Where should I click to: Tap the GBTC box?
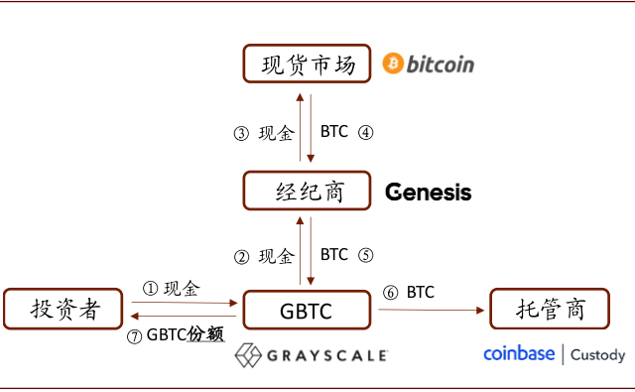[x=309, y=311]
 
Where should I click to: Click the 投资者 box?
[x=65, y=310]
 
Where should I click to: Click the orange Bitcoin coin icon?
[x=393, y=64]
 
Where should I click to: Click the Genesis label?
[x=428, y=192]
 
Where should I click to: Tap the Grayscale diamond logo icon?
[x=249, y=354]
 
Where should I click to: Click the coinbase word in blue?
[x=519, y=353]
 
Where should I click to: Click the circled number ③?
[x=241, y=134]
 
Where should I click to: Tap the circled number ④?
[x=365, y=132]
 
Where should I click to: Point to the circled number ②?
[x=241, y=256]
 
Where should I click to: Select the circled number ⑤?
[x=365, y=254]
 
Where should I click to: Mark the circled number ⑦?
[x=135, y=335]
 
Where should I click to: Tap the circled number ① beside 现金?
[x=151, y=289]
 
